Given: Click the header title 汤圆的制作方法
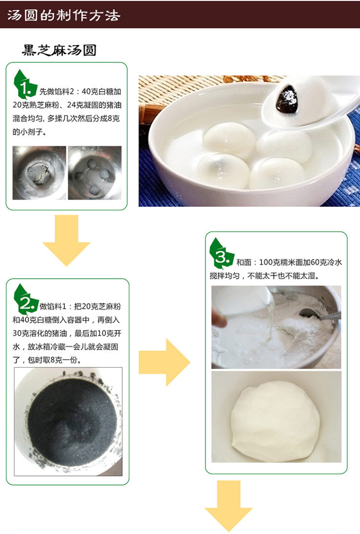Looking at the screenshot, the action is pos(64,15).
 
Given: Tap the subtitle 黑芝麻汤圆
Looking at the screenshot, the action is pos(59,50).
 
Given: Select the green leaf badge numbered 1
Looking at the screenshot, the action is pos(24,84).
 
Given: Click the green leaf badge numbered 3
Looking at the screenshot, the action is pos(221,253).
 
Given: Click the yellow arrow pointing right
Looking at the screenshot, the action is pos(164,362).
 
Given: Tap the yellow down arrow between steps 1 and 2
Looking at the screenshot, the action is pos(66,240).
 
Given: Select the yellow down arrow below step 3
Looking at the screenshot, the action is pos(228,506).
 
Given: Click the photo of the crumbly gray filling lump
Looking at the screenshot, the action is pos(39,173).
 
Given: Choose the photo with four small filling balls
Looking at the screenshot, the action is pos(95,173).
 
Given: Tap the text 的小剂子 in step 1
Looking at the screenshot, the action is pos(27,132).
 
